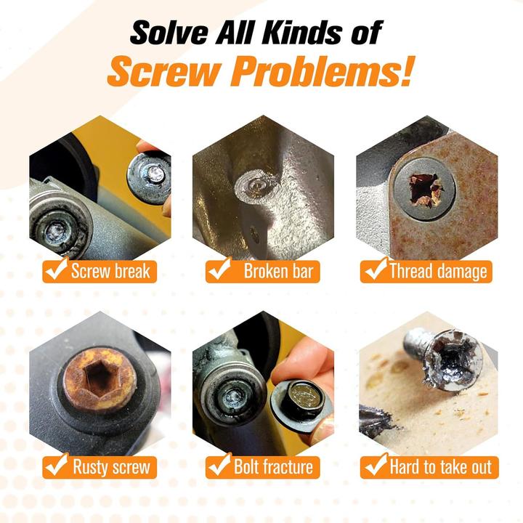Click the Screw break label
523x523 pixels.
110,272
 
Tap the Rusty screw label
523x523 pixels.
110,466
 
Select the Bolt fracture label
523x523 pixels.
273,466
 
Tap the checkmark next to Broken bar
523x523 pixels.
218,271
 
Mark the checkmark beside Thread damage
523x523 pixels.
374,271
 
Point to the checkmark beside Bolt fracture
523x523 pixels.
218,465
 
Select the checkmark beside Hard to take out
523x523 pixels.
374,465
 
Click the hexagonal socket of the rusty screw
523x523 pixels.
100,377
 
